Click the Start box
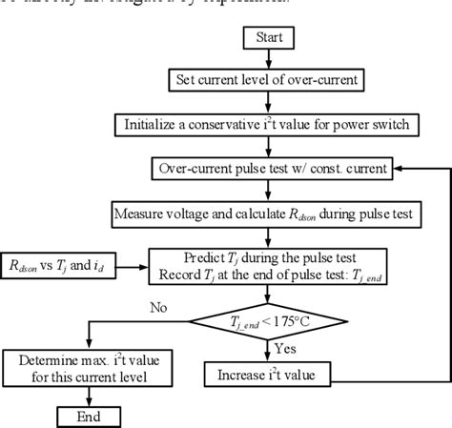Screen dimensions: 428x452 (x=272, y=37)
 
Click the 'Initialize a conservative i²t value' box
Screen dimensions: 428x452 (x=272, y=124)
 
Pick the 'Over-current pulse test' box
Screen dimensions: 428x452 (x=272, y=168)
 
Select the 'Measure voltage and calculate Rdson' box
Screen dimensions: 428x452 (x=272, y=213)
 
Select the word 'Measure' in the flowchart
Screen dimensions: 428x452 (x=144, y=213)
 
